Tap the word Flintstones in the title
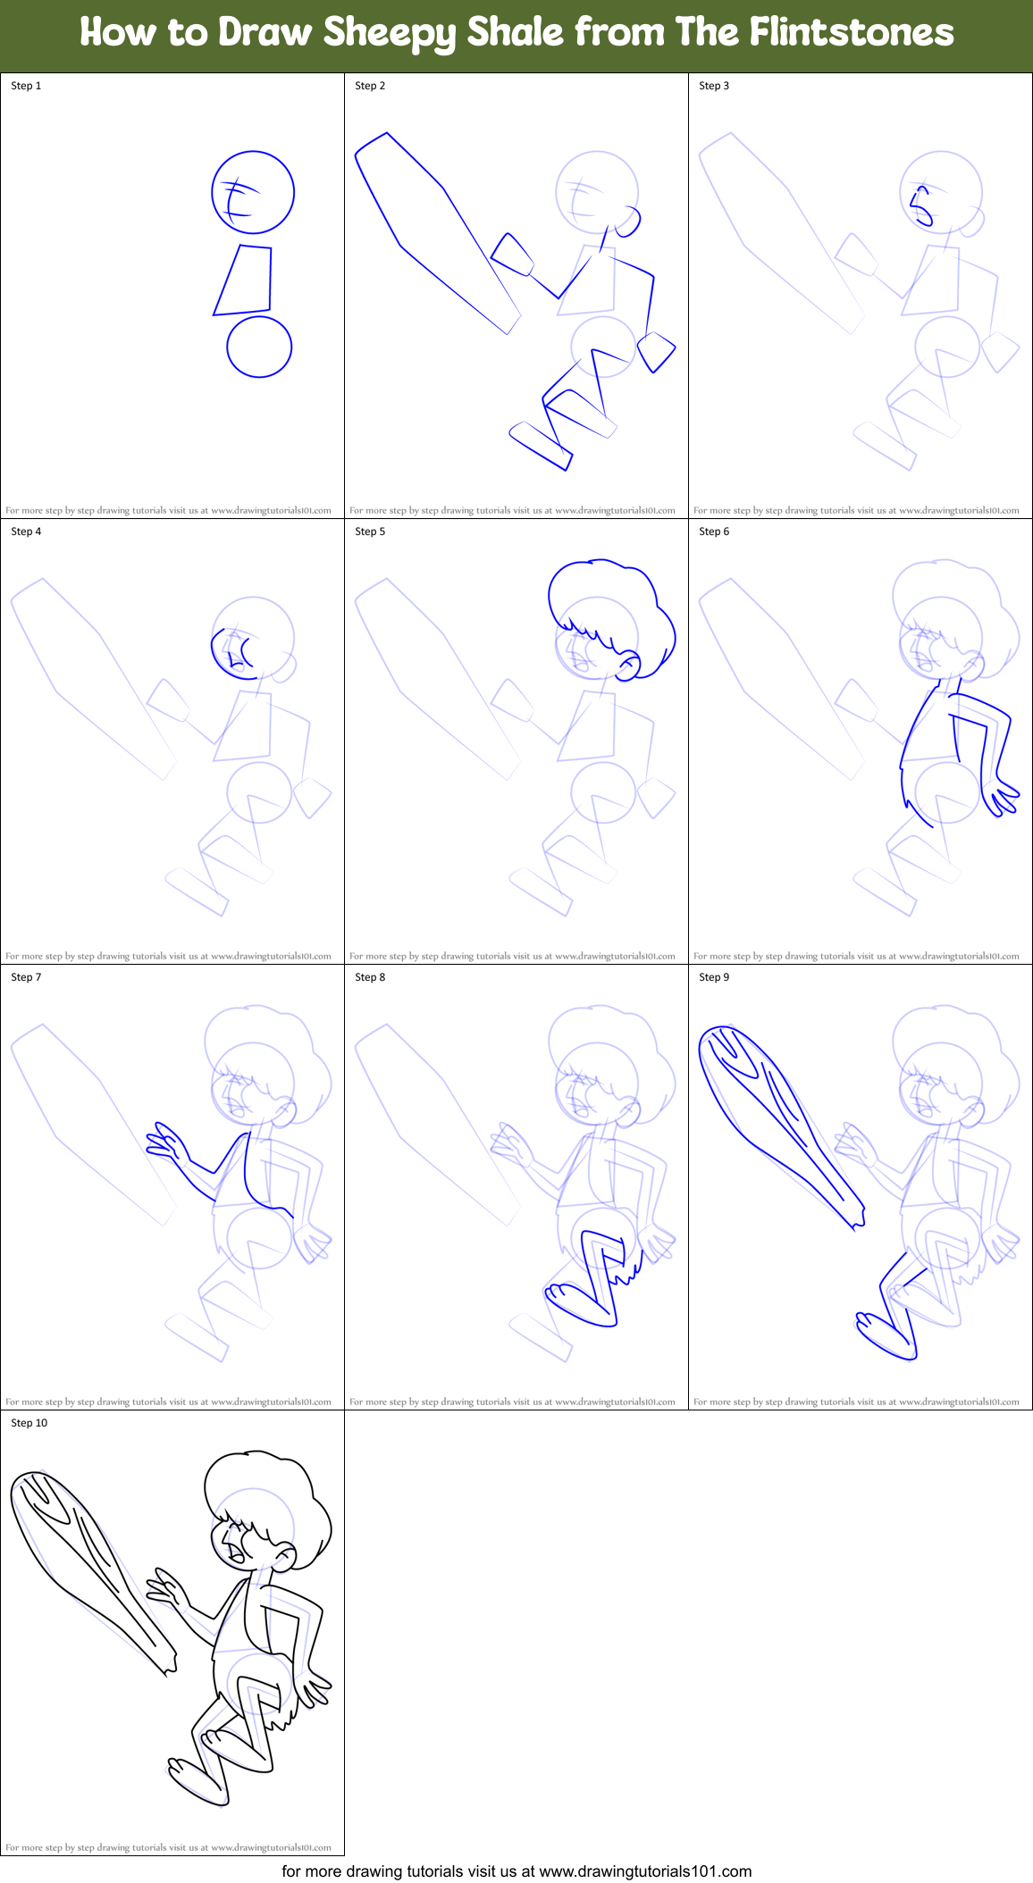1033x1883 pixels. (x=852, y=33)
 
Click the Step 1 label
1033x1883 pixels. (x=26, y=86)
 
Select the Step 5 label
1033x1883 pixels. (x=370, y=531)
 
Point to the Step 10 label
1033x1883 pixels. (x=29, y=1423)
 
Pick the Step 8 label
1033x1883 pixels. (x=370, y=977)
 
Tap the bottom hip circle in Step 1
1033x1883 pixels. (x=259, y=347)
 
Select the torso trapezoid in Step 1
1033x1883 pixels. (x=245, y=280)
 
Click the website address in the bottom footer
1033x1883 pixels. (x=645, y=1870)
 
